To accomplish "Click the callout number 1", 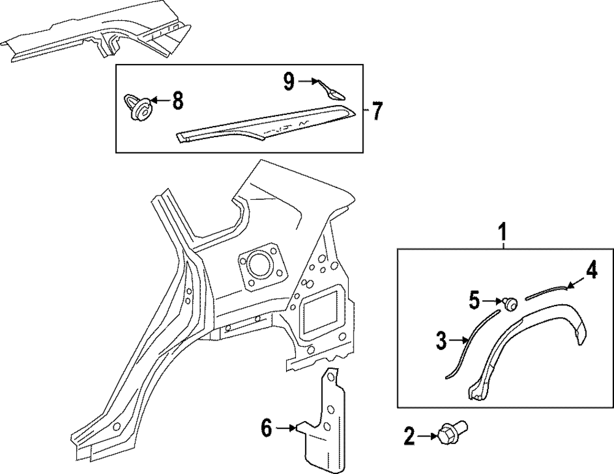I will (503, 232).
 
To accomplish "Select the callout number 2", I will (409, 437).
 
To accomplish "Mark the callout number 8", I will (177, 100).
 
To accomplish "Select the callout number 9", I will (289, 81).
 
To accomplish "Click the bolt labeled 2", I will (451, 432).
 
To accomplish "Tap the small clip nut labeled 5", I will (509, 303).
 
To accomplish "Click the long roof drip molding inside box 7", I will (264, 124).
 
